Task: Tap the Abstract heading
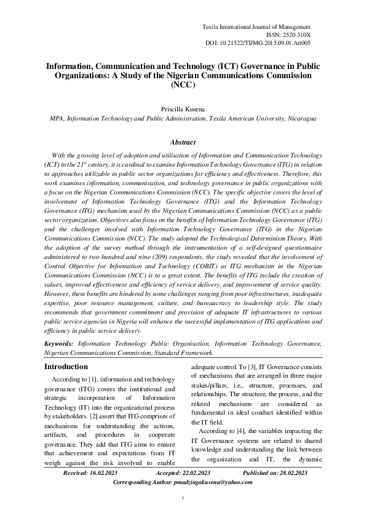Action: coord(183,142)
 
